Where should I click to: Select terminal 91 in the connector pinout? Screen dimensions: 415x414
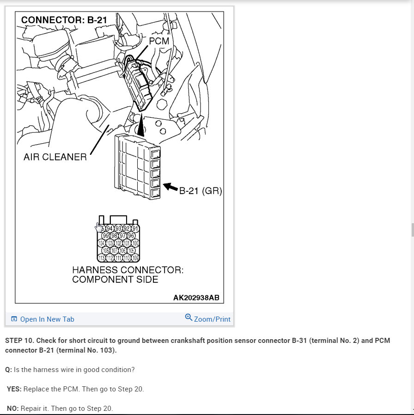click(135, 228)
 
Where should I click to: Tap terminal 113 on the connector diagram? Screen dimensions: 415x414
click(102, 258)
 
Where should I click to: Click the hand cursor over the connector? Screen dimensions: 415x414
click(98, 227)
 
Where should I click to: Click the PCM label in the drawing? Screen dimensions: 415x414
click(158, 41)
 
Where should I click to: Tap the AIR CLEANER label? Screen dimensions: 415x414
click(55, 157)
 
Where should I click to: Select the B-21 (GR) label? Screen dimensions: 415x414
click(201, 190)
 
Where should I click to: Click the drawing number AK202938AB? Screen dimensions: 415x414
click(196, 298)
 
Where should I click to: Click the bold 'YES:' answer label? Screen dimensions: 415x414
click(14, 389)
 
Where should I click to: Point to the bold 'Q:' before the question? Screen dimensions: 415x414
click(8, 370)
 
